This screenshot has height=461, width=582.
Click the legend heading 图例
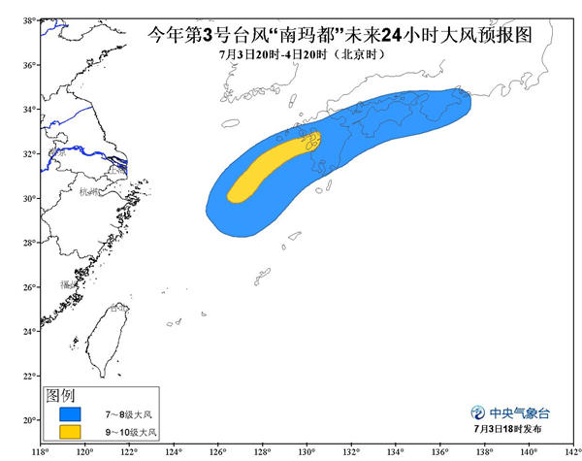tap(61, 397)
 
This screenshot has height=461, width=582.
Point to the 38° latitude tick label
tap(30, 19)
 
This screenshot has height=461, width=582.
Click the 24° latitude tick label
tap(30, 331)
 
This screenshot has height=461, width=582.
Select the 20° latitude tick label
tap(30, 420)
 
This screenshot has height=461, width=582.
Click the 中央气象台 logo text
tap(523, 410)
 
